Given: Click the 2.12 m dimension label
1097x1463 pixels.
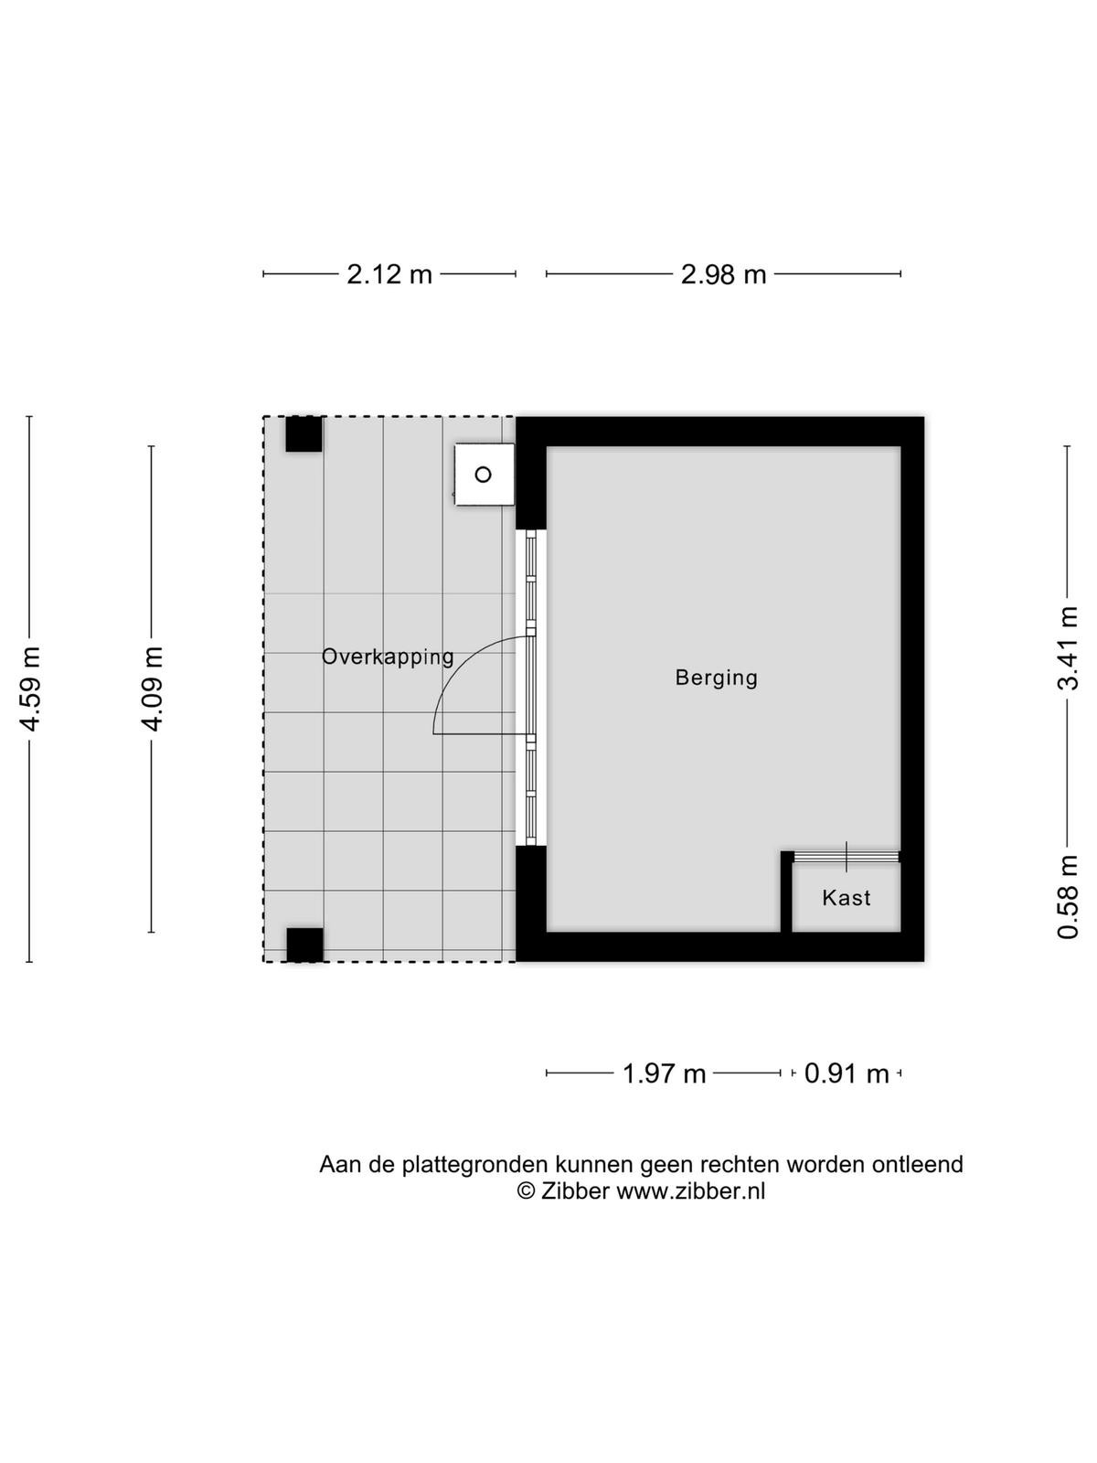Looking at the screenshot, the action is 389,274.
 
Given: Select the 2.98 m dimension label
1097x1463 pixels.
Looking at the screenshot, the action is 723,274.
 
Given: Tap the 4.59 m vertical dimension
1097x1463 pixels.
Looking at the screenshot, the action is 31,689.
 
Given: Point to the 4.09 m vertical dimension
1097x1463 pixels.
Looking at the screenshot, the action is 153,689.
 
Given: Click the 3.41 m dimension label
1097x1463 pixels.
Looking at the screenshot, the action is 1068,647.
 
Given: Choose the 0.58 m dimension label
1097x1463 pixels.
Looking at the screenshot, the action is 1068,897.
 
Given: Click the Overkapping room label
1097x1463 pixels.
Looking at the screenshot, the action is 388,657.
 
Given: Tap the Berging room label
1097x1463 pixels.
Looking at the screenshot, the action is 716,678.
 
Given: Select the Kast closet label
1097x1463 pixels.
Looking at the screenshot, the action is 846,898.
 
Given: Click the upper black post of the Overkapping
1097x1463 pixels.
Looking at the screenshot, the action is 304,434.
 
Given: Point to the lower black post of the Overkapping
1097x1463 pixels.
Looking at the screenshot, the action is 304,945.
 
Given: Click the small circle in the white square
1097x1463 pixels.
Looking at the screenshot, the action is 483,475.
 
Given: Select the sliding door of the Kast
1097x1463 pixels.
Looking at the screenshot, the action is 847,857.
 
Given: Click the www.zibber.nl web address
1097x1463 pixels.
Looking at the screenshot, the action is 690,1191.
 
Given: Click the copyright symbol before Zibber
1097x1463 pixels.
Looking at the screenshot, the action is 527,1191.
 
